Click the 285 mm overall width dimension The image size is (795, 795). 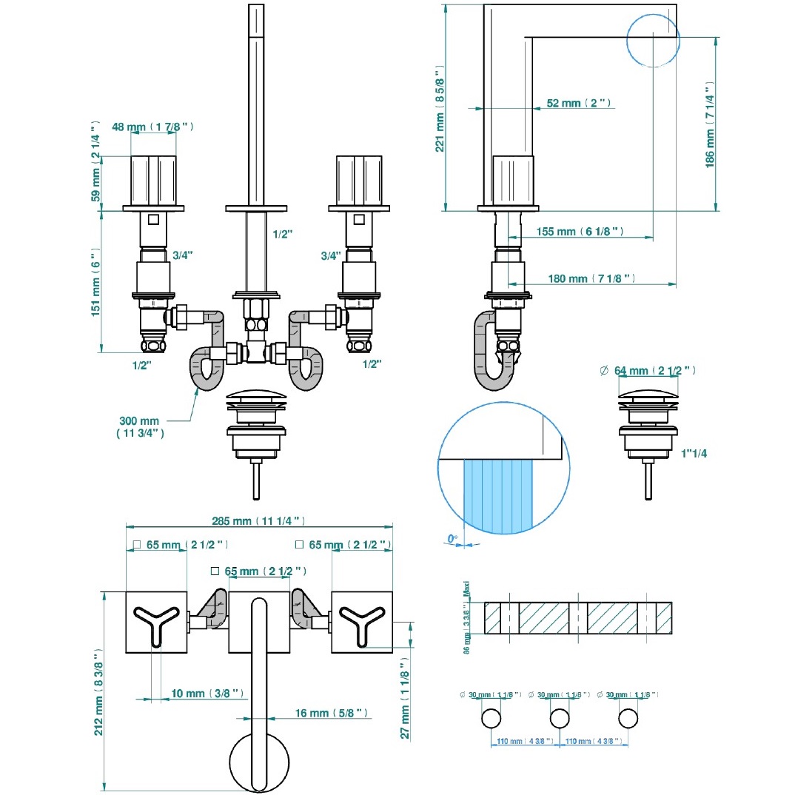point(258,520)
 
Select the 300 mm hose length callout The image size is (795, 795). point(139,427)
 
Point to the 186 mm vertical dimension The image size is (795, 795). point(710,130)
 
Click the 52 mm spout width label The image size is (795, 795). point(578,104)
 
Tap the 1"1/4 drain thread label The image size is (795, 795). point(694,454)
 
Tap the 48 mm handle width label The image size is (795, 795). point(152,127)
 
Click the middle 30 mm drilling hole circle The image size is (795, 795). point(560,718)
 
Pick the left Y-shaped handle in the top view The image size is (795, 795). point(155,620)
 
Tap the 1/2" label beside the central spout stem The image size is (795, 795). point(283,235)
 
